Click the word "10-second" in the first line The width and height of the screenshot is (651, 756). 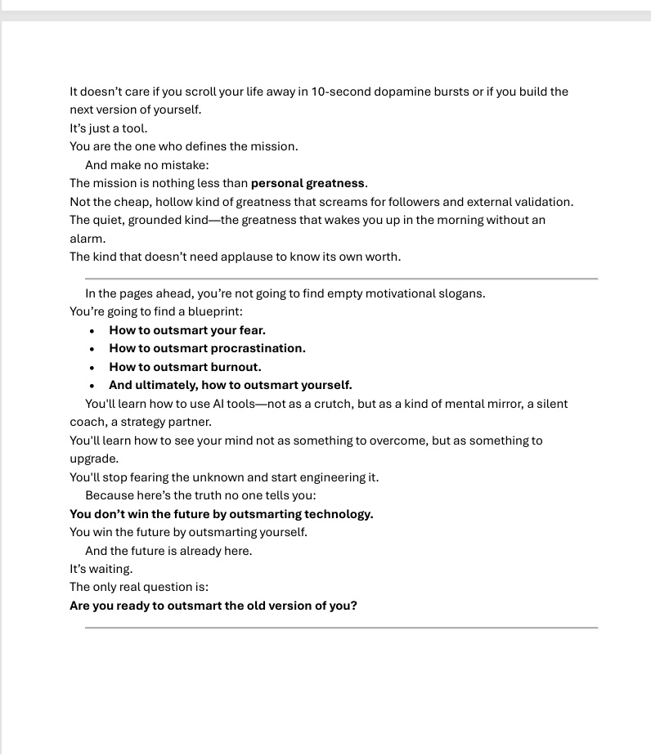click(340, 92)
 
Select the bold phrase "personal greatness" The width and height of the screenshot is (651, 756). click(308, 183)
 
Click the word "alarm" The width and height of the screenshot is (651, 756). click(87, 239)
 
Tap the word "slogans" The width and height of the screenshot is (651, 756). click(461, 293)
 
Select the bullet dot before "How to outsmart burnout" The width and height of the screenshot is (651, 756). click(92, 368)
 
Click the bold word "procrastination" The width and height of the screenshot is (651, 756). click(258, 348)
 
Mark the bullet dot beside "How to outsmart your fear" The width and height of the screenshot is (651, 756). click(92, 331)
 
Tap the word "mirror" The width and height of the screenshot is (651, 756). click(508, 404)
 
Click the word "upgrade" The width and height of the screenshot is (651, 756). click(93, 459)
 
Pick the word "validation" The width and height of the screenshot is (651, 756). click(543, 202)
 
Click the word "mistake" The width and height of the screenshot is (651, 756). click(185, 165)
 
